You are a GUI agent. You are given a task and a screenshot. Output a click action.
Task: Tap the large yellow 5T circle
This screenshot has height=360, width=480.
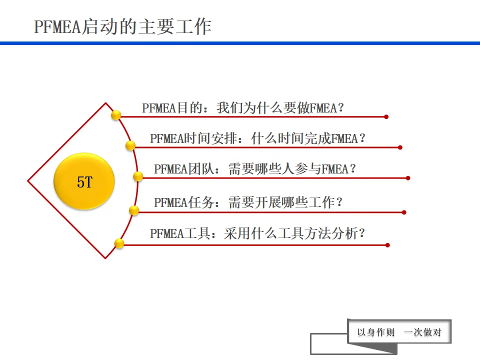click(84, 181)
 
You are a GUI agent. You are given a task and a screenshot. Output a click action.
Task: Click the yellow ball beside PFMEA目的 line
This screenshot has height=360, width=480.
click(116, 115)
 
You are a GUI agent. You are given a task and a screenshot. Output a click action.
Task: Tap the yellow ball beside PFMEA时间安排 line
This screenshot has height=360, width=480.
click(130, 145)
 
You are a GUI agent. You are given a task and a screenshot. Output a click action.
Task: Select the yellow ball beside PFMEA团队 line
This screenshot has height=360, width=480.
click(138, 176)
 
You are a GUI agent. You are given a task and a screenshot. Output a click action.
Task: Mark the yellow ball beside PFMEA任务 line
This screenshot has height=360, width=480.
click(134, 210)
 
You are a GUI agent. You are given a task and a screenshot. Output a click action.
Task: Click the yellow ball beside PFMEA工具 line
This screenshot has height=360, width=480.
click(119, 243)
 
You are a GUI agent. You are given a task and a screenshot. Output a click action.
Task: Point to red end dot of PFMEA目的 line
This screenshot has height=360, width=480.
click(386, 117)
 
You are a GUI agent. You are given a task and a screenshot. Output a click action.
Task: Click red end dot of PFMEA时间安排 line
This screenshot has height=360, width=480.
click(400, 147)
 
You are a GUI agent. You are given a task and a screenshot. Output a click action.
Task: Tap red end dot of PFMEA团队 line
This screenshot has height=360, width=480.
click(408, 178)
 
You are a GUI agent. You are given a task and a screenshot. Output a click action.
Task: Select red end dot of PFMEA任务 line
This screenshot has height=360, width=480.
click(404, 212)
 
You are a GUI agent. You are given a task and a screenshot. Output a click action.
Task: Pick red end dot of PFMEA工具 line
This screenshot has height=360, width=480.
click(387, 245)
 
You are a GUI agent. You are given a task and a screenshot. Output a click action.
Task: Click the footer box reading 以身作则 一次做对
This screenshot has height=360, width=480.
click(399, 332)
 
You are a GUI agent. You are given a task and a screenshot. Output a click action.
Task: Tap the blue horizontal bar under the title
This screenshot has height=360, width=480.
click(240, 43)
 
